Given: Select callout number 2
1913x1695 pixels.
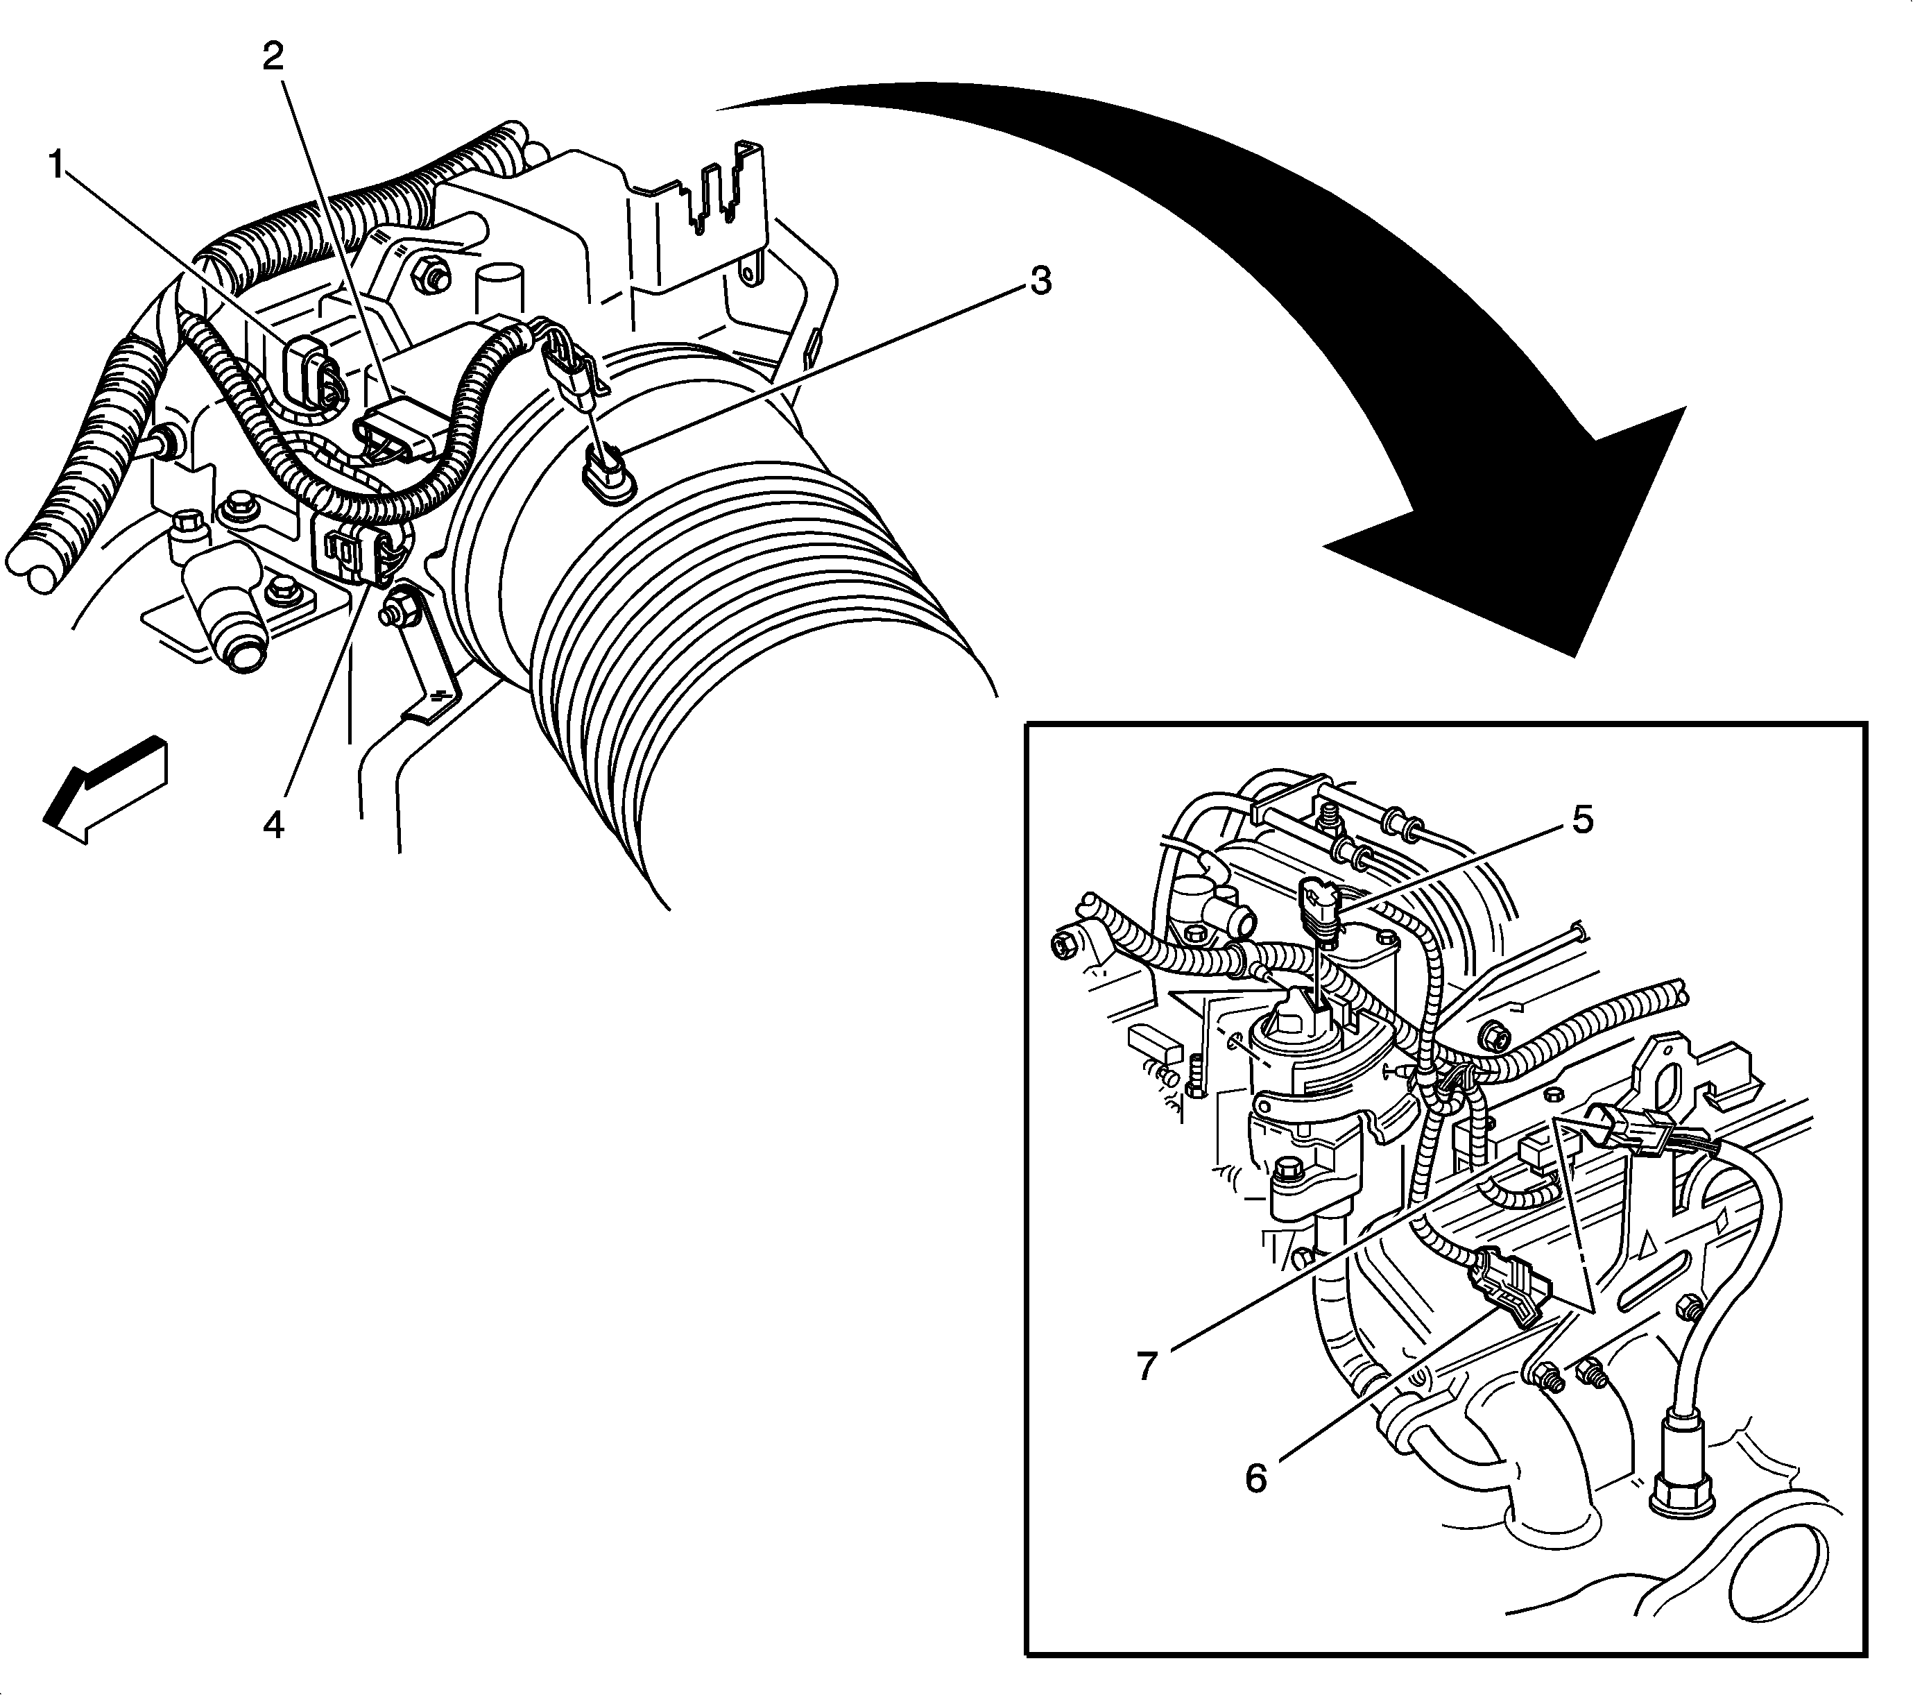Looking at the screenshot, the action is (273, 58).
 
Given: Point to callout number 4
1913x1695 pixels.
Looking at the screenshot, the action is (273, 824).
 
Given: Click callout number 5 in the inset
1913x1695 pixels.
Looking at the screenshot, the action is (1581, 820).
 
